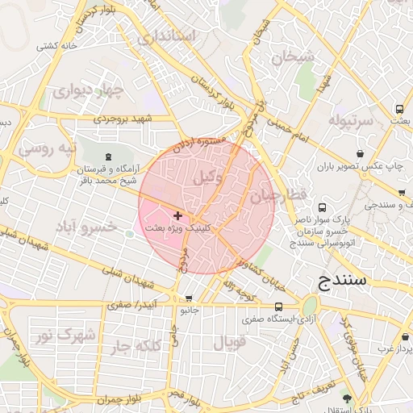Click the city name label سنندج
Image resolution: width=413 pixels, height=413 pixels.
pyautogui.click(x=337, y=281)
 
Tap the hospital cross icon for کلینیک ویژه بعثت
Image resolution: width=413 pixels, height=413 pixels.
pyautogui.click(x=177, y=215)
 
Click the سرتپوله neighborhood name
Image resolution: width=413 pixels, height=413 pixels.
pyautogui.click(x=352, y=121)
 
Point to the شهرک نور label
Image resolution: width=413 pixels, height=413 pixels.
pyautogui.click(x=68, y=335)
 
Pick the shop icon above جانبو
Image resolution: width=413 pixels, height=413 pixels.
pyautogui.click(x=189, y=298)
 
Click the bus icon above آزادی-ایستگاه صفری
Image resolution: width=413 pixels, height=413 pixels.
pyautogui.click(x=279, y=307)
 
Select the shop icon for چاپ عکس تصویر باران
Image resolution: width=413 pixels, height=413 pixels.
pyautogui.click(x=359, y=153)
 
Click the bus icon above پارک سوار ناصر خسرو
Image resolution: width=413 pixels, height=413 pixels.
pyautogui.click(x=323, y=207)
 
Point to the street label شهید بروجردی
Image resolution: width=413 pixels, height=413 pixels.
pyautogui.click(x=122, y=119)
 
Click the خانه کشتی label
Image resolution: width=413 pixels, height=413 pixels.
pyautogui.click(x=56, y=46)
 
